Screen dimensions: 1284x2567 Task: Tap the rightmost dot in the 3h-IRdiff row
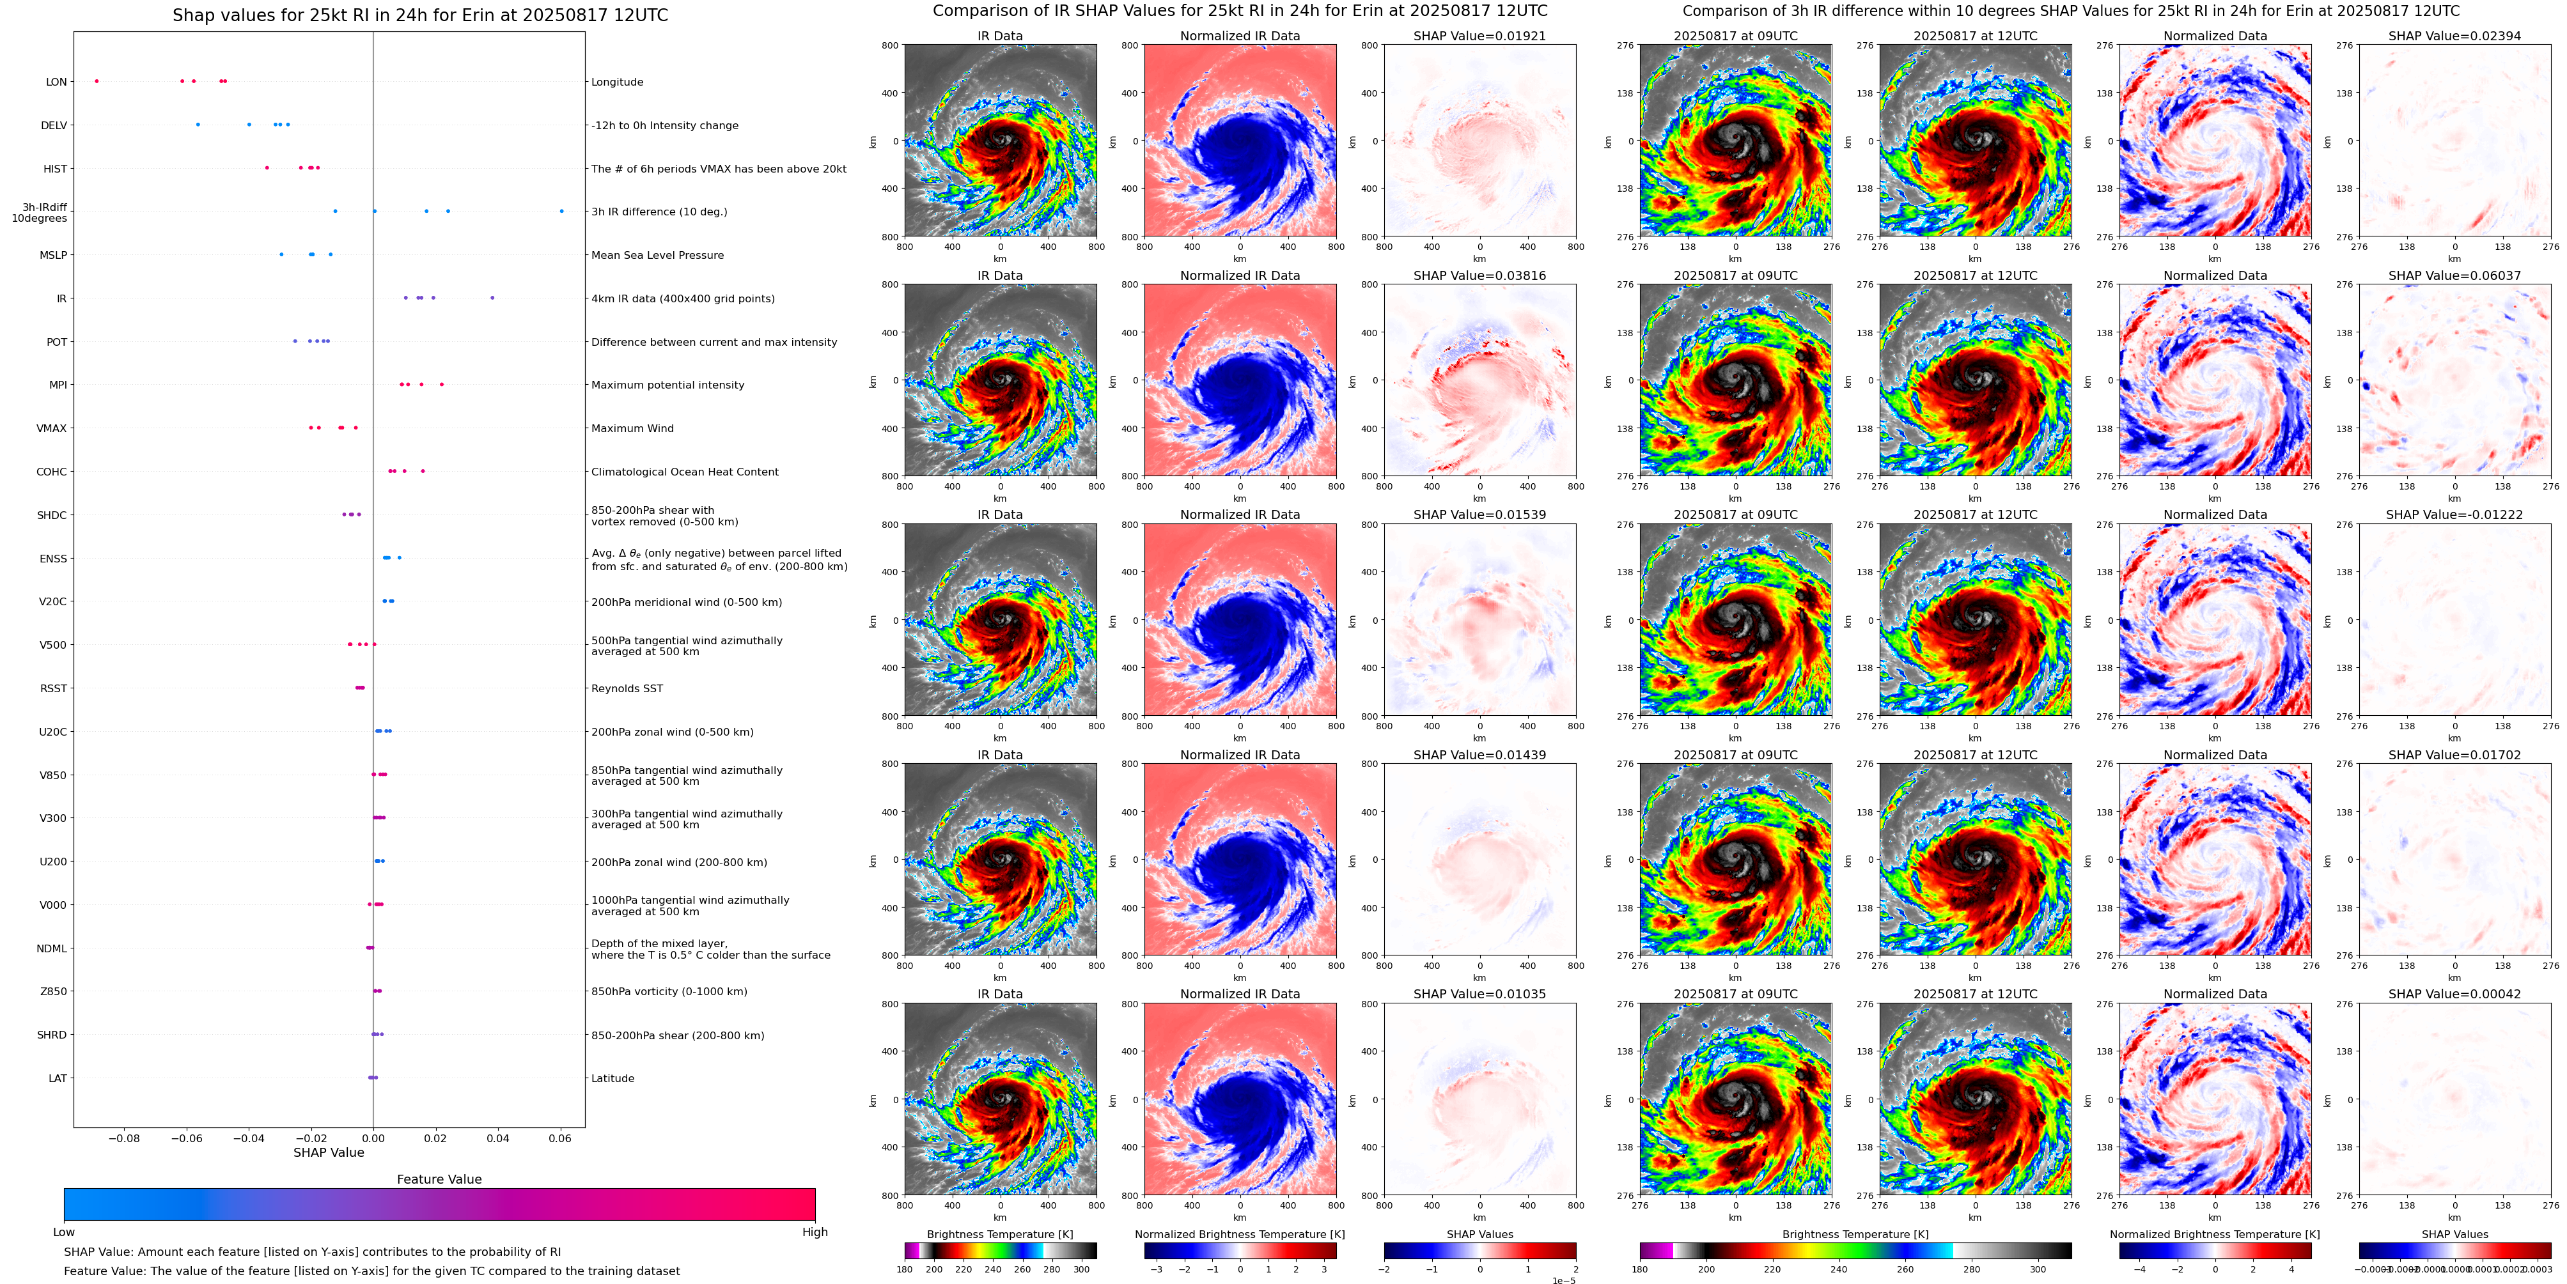click(561, 211)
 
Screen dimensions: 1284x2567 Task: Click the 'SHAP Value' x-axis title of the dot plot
click(329, 1152)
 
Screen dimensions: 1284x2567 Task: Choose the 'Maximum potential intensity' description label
click(667, 385)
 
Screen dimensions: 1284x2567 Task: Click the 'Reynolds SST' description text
click(627, 688)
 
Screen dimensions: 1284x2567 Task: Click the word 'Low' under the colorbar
click(64, 1232)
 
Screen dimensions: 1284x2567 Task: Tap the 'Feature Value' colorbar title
click(439, 1179)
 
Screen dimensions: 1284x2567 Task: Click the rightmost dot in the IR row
click(492, 298)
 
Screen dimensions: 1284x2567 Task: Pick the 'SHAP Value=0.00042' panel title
click(2454, 994)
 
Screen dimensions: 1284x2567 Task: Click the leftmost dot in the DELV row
click(198, 125)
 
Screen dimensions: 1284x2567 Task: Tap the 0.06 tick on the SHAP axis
click(560, 1138)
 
